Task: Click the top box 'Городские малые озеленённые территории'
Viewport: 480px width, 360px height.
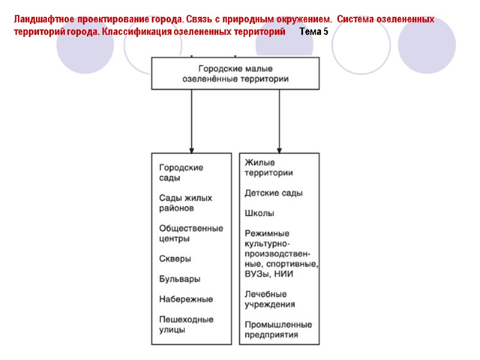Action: [235, 73]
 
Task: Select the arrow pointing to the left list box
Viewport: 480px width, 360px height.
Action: [191, 120]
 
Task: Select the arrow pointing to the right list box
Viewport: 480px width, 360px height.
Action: [279, 120]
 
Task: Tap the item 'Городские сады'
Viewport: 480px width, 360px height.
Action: [181, 173]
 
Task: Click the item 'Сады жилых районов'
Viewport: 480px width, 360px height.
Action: [185, 203]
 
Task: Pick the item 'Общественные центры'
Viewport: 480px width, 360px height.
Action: [191, 233]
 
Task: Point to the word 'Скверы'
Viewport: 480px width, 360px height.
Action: [175, 259]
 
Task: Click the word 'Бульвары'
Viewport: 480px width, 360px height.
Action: [179, 279]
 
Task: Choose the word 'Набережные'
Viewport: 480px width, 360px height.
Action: [186, 299]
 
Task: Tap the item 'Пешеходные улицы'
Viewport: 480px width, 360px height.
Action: [186, 324]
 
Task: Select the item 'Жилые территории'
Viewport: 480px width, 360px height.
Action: [268, 168]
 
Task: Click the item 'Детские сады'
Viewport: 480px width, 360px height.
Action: [274, 193]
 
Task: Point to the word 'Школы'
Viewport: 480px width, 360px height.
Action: [260, 213]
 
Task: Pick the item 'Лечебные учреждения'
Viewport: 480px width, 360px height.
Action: [269, 299]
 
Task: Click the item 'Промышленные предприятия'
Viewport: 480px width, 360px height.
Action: [278, 329]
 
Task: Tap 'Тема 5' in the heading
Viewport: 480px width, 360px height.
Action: [313, 31]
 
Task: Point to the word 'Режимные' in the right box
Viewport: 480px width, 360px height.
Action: [266, 233]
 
